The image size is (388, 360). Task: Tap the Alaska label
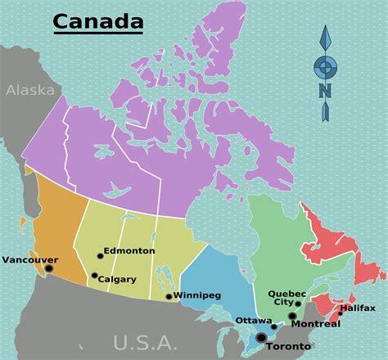coord(29,91)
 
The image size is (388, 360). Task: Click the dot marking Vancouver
coord(48,268)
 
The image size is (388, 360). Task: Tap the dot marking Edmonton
coord(101,255)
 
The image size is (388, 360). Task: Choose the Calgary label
coord(117,279)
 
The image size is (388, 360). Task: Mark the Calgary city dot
coord(94,276)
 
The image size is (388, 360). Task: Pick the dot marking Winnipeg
coord(169,296)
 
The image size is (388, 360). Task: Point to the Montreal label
coord(315,324)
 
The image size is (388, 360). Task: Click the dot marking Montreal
coord(292,316)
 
